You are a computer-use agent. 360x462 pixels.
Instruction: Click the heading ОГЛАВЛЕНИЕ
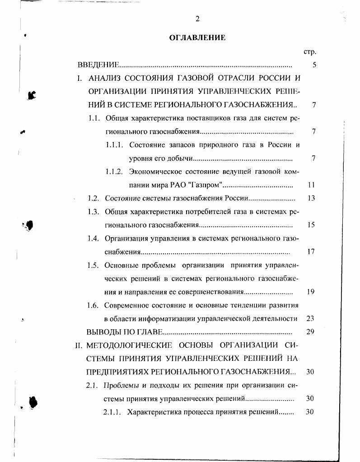tap(197, 37)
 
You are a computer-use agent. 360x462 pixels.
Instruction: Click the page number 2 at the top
tap(197, 19)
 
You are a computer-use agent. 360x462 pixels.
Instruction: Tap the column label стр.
tap(310, 52)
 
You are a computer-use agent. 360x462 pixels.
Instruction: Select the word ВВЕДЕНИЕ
tap(98, 65)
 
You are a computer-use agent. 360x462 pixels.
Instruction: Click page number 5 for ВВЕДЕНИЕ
tap(314, 65)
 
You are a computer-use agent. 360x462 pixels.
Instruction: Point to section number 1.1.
tap(94, 118)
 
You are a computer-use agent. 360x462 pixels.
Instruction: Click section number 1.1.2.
tap(114, 172)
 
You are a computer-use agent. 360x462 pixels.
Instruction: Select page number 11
tap(311, 185)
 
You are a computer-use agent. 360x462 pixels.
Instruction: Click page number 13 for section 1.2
tap(311, 198)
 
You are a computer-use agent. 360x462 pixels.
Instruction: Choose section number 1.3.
tap(94, 211)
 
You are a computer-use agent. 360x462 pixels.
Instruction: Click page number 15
tap(311, 225)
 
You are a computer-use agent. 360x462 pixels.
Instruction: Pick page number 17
tap(311, 252)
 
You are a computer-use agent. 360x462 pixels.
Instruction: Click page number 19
tap(311, 292)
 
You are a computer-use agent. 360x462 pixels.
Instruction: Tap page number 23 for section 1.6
tap(310, 318)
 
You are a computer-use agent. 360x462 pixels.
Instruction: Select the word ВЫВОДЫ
tap(101, 332)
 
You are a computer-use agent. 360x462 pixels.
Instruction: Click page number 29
tap(310, 332)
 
